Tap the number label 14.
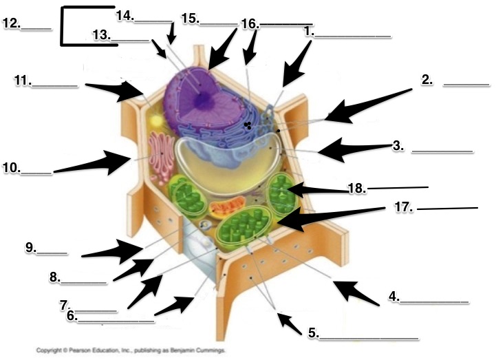[125, 14]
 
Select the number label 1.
[309, 31]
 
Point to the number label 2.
[428, 80]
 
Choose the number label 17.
[407, 207]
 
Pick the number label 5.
[313, 333]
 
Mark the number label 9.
[31, 248]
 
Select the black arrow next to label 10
[93, 163]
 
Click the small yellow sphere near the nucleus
[156, 120]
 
